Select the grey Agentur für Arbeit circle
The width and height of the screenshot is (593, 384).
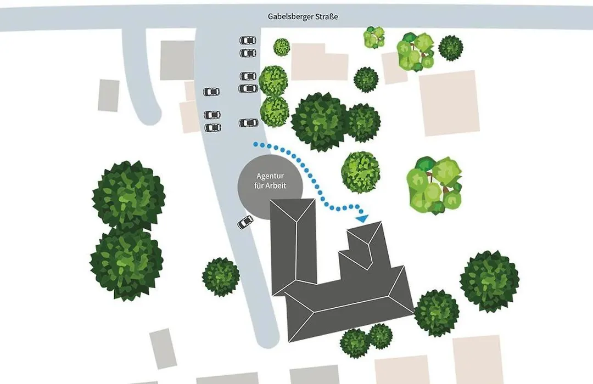coord(270,187)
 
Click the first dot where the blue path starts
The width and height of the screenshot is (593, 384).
coord(256,144)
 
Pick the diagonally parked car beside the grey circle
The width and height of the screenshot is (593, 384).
coord(245,222)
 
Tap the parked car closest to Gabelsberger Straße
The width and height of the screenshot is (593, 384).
coord(248,40)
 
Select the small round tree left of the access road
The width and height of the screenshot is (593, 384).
coord(221,276)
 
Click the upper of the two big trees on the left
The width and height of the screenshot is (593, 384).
coord(128,195)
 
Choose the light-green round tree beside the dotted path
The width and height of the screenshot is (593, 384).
coord(360,172)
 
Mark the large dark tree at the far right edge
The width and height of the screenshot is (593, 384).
coord(489,281)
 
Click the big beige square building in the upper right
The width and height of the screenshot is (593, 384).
coord(449,103)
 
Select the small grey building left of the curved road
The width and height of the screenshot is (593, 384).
coord(109,95)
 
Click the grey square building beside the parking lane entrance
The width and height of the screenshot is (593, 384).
coord(177,60)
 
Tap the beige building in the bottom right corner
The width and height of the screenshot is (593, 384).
coord(478,359)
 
